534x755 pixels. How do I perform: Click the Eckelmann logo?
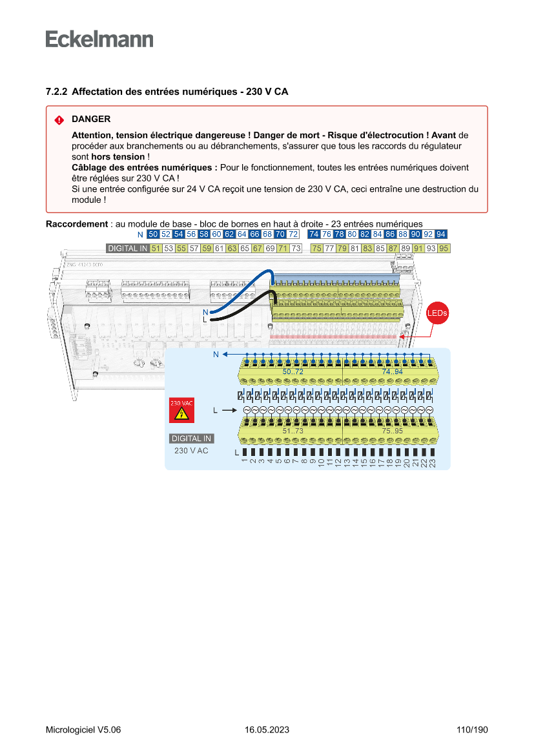[x=99, y=39]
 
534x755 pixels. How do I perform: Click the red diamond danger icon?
[x=59, y=120]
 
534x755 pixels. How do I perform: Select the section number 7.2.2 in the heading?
[x=57, y=92]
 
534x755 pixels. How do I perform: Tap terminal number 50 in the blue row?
[x=153, y=234]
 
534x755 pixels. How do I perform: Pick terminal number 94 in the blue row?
[x=441, y=234]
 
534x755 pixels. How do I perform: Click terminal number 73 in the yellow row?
[x=296, y=248]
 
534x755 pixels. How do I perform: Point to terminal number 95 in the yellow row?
[x=444, y=248]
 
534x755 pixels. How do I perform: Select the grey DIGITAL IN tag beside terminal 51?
[x=127, y=248]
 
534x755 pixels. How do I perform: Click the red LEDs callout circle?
[x=437, y=313]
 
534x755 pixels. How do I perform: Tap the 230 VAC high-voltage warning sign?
[x=181, y=410]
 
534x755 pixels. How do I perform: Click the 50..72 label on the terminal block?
[x=293, y=373]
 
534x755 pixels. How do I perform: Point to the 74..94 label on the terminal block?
[x=393, y=373]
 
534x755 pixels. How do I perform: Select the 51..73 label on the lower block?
[x=293, y=431]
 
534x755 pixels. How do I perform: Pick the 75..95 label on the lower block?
[x=393, y=431]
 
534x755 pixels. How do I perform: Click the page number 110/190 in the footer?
[x=472, y=730]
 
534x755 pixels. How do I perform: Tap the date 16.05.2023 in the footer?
[x=267, y=730]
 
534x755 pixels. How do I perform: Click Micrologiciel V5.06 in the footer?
[x=83, y=730]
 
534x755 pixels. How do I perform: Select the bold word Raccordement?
[x=76, y=224]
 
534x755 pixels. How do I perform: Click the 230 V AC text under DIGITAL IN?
[x=191, y=450]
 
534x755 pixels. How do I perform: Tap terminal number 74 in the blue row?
[x=314, y=234]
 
